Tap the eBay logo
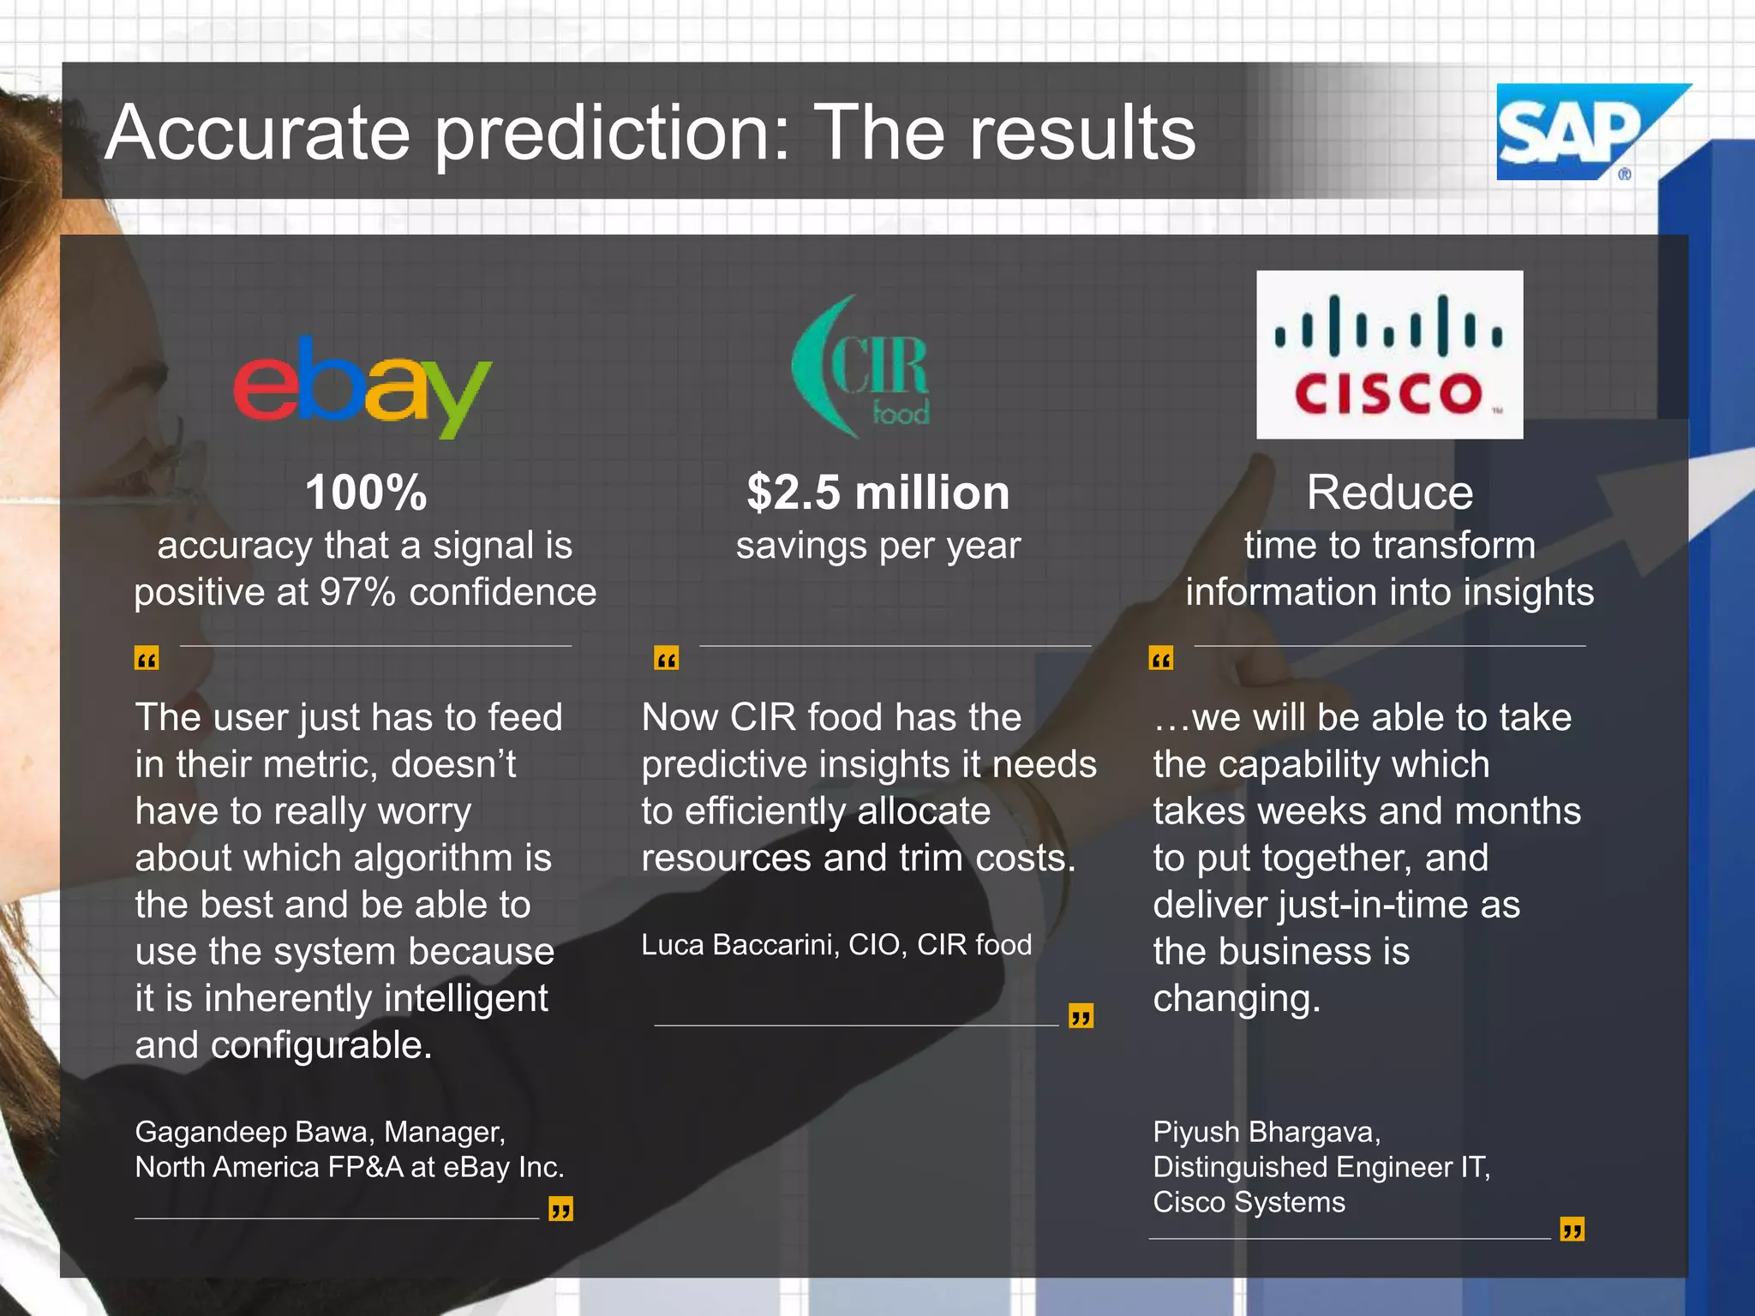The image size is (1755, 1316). tap(362, 387)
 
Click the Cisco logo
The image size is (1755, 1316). tap(1389, 355)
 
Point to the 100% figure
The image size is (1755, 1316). tap(366, 493)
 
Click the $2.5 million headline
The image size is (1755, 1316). tap(877, 493)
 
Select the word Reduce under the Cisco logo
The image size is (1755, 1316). tap(1389, 493)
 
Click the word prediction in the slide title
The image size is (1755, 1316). tap(612, 133)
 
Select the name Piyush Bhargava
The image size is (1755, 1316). tap(1265, 1132)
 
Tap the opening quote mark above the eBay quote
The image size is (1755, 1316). tap(147, 659)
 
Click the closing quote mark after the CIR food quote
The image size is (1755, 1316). tap(1081, 1016)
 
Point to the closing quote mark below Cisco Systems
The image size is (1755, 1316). tap(1572, 1229)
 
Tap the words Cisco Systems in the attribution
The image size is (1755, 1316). tap(1249, 1202)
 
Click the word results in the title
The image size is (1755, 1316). tap(1081, 133)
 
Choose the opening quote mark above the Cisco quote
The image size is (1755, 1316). tap(1160, 659)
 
